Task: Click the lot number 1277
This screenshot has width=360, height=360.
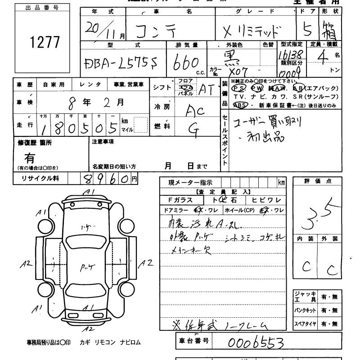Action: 44,42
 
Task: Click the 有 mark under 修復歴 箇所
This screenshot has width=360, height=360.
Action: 30,158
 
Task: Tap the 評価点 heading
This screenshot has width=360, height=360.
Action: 318,181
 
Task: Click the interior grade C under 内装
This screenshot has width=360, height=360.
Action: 306,267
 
